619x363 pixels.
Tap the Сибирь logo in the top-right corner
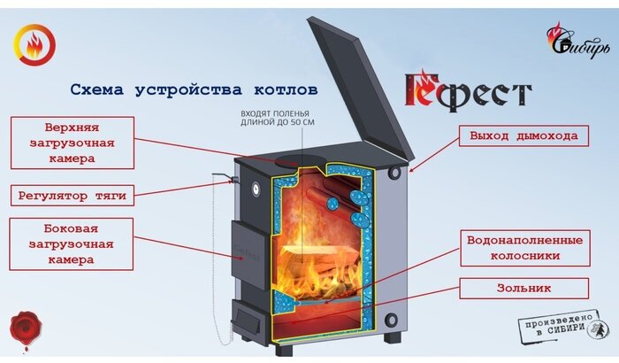(x=577, y=39)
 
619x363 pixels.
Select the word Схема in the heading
(x=98, y=90)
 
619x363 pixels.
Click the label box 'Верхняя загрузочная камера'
(x=73, y=142)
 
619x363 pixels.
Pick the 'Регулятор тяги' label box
(x=73, y=194)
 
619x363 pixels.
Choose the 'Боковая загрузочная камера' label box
(x=73, y=243)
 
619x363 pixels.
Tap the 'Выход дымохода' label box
(x=523, y=136)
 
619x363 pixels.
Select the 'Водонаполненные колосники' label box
(x=523, y=248)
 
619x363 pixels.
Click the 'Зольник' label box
(x=523, y=288)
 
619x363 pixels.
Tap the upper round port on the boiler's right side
(x=394, y=173)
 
